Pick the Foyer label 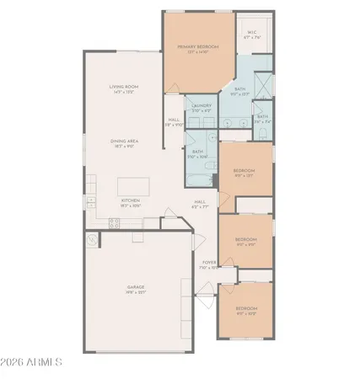pyautogui.click(x=208, y=264)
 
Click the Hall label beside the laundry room pyautogui.click(x=173, y=120)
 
